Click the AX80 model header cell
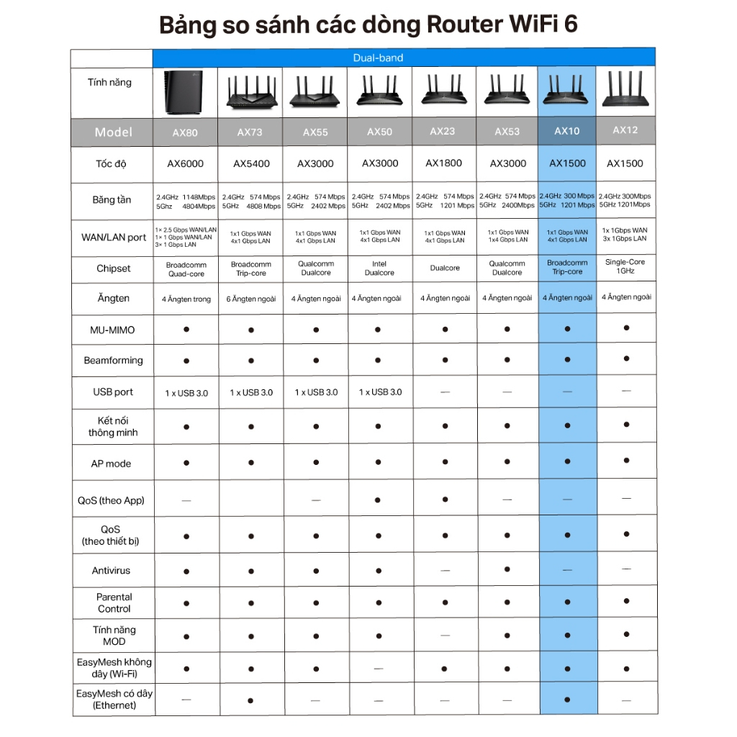click(x=186, y=132)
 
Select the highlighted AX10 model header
click(x=567, y=131)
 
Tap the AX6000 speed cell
click(x=186, y=163)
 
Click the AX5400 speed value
click(x=251, y=163)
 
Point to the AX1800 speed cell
click(x=444, y=163)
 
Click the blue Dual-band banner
click(x=404, y=58)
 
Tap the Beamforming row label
click(x=113, y=360)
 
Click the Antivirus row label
click(x=112, y=571)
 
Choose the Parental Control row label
click(x=114, y=602)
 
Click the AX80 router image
click(x=185, y=93)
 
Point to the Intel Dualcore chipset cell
click(x=379, y=268)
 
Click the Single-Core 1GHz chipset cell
click(x=625, y=266)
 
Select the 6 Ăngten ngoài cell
click(x=251, y=299)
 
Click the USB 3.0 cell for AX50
click(x=380, y=392)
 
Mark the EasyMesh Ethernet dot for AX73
click(x=250, y=700)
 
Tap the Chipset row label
click(x=114, y=268)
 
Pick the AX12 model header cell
click(x=625, y=130)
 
